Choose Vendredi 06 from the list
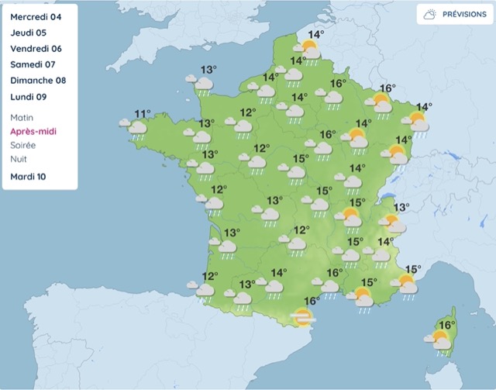click(36, 49)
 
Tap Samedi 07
click(33, 65)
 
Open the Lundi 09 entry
click(29, 98)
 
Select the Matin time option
click(23, 118)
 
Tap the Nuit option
click(19, 158)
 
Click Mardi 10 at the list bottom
click(29, 177)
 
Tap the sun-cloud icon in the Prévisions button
click(429, 15)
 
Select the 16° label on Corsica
click(447, 325)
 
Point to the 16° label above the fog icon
click(312, 301)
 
